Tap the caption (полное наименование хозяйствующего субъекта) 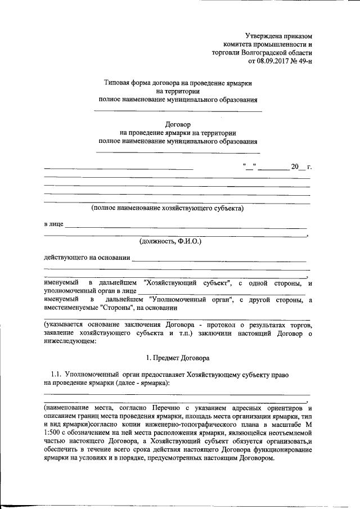[x=168, y=208]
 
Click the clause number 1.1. [x=56, y=373]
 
